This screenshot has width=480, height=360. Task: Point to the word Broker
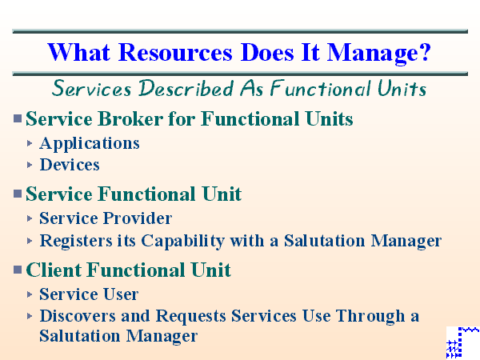128,120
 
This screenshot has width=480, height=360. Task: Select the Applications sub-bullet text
90,143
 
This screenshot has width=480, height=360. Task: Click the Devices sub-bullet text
70,165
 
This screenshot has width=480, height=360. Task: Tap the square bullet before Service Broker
18,119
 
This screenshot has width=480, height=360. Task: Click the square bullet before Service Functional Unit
18,194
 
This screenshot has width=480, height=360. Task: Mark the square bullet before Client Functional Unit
18,270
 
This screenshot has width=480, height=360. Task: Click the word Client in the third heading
54,270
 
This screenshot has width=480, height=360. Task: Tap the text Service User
89,294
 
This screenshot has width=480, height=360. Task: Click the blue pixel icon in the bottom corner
462,342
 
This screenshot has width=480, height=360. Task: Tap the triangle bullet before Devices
30,165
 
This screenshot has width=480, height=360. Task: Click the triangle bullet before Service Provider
30,218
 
